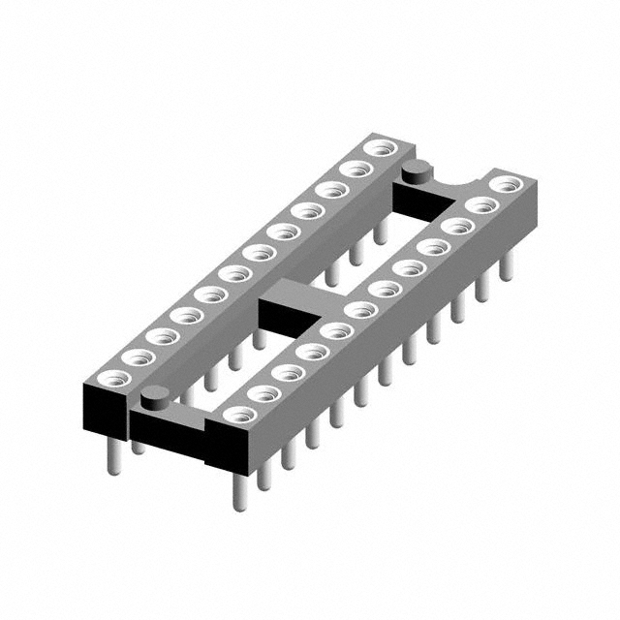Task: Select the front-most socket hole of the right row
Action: pyautogui.click(x=235, y=415)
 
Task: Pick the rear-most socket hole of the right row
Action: pyautogui.click(x=504, y=183)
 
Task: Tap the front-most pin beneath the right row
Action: pyautogui.click(x=239, y=489)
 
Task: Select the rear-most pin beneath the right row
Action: pyautogui.click(x=506, y=265)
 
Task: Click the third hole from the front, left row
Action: pyautogui.click(x=157, y=335)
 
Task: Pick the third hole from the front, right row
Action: pyautogui.click(x=286, y=372)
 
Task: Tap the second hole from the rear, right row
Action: pyautogui.click(x=480, y=205)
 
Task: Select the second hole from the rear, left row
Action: pyautogui.click(x=356, y=170)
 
